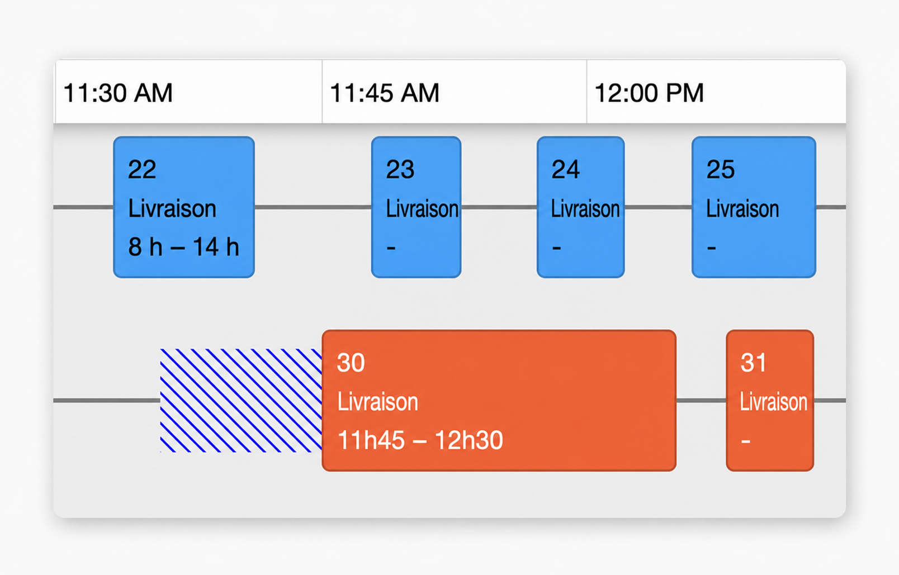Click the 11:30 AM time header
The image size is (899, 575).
118,93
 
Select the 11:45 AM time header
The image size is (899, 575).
385,93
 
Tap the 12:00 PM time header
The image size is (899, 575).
649,93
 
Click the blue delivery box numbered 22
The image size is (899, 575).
184,207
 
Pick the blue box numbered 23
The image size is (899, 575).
416,207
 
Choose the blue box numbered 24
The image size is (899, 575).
581,207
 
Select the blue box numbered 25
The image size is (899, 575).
754,207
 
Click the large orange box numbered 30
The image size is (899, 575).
499,401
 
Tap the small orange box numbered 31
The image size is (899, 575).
770,401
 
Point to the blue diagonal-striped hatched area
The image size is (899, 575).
241,401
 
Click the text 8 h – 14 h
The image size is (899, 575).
183,246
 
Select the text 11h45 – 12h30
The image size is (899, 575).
420,440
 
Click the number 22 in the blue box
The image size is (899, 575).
141,169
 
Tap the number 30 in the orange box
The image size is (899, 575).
351,363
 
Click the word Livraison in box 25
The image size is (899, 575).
742,208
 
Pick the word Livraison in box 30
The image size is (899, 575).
378,402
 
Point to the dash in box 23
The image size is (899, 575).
391,248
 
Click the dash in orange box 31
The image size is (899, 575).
746,441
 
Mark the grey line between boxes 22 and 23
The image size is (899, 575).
313,207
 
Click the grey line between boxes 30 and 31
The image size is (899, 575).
701,401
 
